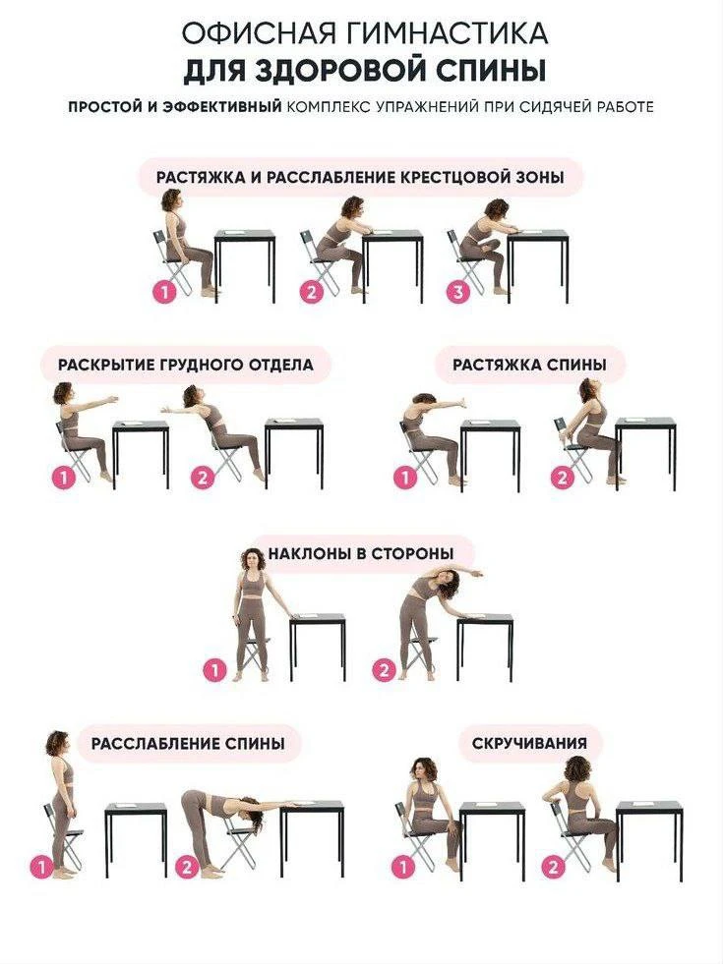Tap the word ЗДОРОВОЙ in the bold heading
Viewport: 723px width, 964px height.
tap(338, 71)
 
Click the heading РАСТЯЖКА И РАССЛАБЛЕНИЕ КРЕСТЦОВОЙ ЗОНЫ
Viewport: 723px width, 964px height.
tap(360, 178)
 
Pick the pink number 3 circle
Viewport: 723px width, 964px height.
tap(458, 292)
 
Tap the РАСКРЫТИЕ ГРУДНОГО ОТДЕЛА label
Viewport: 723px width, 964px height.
tap(186, 364)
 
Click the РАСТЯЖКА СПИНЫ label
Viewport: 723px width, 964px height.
tap(530, 365)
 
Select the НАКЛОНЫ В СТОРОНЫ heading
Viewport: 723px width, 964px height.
tap(361, 553)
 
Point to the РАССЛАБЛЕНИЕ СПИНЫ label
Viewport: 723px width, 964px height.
tap(188, 743)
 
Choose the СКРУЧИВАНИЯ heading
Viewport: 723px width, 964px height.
tap(530, 743)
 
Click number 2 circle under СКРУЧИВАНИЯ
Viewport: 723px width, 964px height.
tap(553, 867)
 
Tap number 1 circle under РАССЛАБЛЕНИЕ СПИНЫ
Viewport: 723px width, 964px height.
tap(41, 868)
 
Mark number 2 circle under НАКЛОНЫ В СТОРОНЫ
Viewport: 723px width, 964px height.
tap(384, 669)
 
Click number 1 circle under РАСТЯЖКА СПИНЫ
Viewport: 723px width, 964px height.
tap(405, 478)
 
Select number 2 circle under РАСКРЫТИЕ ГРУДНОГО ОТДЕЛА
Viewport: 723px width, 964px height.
tap(203, 478)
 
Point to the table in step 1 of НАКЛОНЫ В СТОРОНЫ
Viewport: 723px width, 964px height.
tap(318, 646)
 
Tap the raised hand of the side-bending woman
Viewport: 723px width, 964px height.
tap(477, 574)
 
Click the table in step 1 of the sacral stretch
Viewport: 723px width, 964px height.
tap(244, 265)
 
